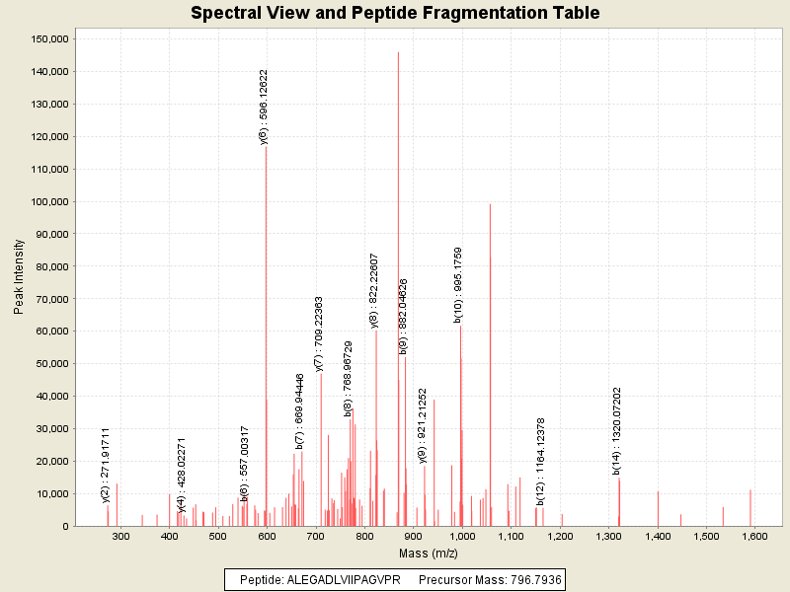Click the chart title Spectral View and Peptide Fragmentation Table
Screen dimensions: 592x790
click(395, 13)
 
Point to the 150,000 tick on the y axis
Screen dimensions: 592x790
click(48, 38)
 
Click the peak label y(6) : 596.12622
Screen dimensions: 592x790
click(264, 107)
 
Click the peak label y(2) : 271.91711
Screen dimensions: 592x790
click(106, 465)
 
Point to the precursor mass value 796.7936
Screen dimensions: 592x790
click(531, 580)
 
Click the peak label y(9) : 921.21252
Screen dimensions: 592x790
click(423, 424)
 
